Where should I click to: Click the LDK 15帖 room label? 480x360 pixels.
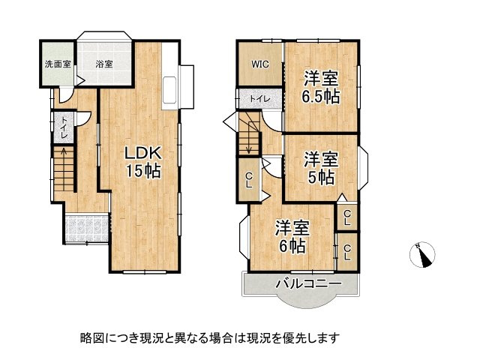click(x=142, y=161)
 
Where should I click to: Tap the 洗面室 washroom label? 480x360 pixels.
click(x=56, y=64)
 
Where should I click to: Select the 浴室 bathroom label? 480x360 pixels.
click(x=104, y=64)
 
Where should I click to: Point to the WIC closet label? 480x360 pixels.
click(x=260, y=64)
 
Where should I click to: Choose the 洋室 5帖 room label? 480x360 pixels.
click(x=322, y=168)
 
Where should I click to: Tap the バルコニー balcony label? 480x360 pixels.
click(x=308, y=283)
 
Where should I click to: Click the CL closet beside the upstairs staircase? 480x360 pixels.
click(x=249, y=181)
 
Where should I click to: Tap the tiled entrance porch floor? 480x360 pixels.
click(x=85, y=227)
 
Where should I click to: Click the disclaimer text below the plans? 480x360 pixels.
click(x=211, y=337)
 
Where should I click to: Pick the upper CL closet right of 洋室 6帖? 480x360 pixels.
click(x=346, y=217)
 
